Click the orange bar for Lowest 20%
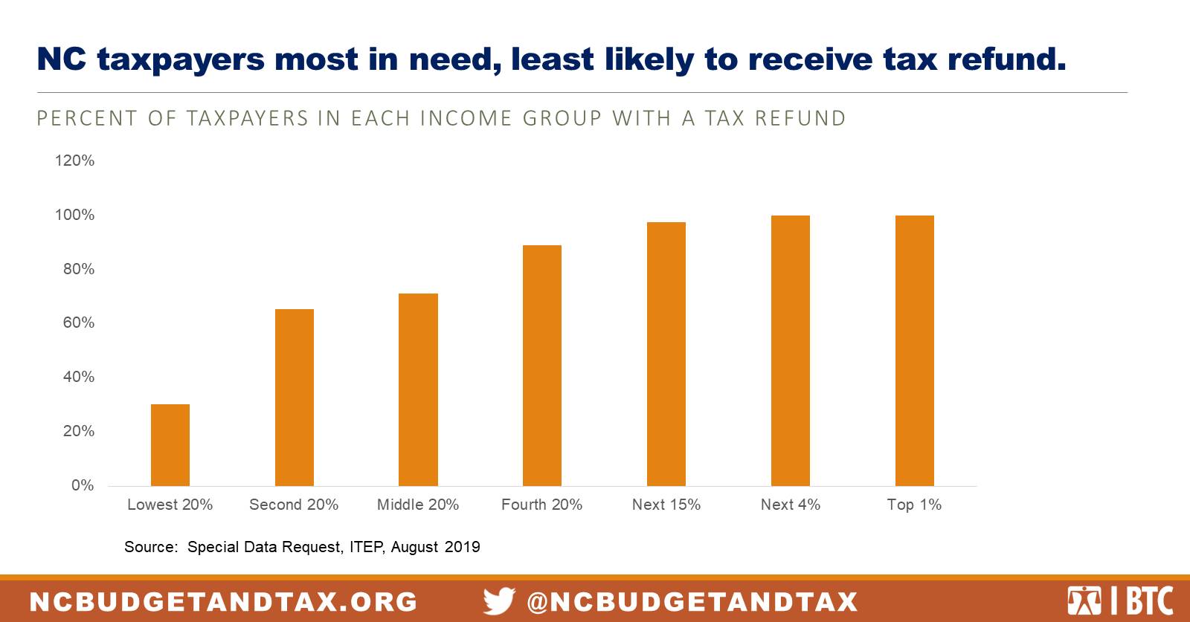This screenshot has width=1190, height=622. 170,445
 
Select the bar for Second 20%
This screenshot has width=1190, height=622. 295,398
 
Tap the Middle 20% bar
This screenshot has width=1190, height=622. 418,389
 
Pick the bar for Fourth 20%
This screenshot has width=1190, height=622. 542,366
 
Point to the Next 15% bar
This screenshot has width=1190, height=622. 666,354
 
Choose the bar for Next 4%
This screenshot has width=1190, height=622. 791,351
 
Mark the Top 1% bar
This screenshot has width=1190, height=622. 915,351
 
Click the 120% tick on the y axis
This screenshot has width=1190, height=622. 74,161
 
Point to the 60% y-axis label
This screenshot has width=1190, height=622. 78,323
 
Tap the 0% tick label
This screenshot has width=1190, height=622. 83,485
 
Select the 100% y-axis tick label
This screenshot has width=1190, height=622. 74,215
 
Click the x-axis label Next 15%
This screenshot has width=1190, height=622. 666,505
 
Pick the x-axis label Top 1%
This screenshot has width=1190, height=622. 914,505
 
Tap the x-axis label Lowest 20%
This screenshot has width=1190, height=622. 170,505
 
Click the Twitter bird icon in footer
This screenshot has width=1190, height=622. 499,600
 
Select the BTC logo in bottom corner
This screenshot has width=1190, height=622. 1119,600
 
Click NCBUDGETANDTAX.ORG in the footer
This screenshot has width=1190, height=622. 224,601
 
